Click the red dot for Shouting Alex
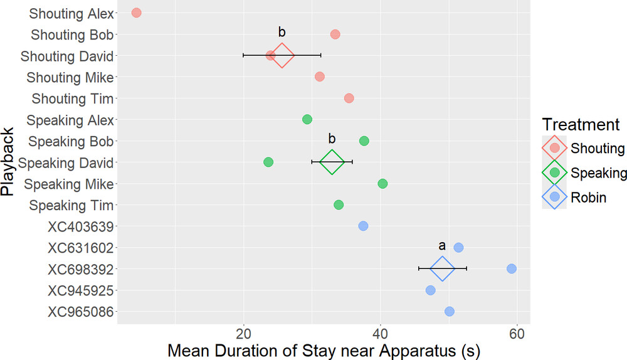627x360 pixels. tap(136, 13)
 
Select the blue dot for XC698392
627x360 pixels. tap(512, 268)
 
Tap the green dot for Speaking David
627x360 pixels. tap(268, 162)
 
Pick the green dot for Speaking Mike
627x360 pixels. tap(382, 183)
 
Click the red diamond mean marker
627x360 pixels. tap(282, 55)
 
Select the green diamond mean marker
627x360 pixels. tap(332, 162)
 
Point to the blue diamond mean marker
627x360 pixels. tap(442, 268)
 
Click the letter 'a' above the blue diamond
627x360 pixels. tap(441, 246)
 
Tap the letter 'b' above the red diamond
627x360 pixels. tap(282, 32)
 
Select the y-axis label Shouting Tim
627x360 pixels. tap(73, 98)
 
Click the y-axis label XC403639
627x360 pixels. tap(80, 226)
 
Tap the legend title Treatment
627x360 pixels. tap(581, 124)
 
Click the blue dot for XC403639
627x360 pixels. tap(363, 226)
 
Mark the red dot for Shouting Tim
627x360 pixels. tap(349, 98)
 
